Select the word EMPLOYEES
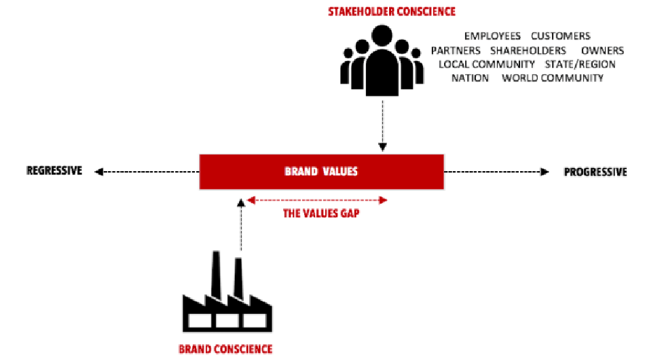[x=492, y=36]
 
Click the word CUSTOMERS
[x=561, y=36]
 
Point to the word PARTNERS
[x=456, y=50]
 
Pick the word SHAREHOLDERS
[x=528, y=50]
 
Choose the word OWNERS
[x=602, y=50]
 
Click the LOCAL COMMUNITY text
[x=487, y=65]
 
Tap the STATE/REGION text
[x=580, y=65]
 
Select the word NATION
[x=470, y=78]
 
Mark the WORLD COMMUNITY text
[x=553, y=78]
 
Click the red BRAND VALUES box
[x=321, y=172]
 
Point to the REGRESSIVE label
[x=54, y=171]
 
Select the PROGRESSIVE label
[x=595, y=172]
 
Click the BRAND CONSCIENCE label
[x=225, y=349]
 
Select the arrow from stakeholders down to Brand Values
[x=383, y=126]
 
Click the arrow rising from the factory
[x=240, y=224]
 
